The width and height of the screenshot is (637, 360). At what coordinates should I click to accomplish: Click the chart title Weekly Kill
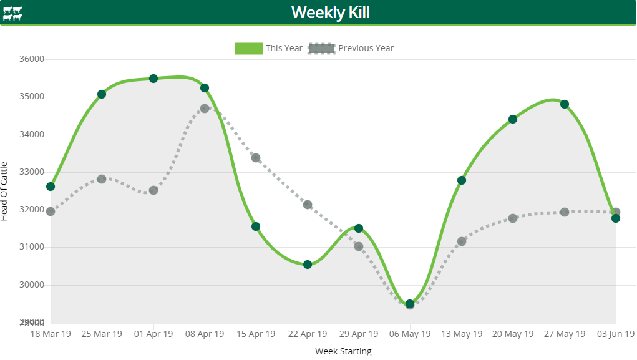331,12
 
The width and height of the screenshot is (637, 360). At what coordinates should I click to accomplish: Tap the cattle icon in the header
12,13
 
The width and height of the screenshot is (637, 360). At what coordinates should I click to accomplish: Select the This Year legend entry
269,48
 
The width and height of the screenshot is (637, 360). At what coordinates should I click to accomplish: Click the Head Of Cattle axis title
5,191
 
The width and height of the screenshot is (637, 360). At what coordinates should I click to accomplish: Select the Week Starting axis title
343,351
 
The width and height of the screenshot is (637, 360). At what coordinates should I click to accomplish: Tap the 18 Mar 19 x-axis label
51,334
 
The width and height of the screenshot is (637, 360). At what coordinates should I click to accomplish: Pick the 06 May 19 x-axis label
410,334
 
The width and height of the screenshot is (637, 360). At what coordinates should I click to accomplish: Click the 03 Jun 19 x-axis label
615,334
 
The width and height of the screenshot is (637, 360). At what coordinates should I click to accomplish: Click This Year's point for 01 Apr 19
153,79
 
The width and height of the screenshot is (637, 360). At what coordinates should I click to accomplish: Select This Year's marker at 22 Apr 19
308,265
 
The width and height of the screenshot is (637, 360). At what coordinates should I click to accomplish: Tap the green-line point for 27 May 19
565,104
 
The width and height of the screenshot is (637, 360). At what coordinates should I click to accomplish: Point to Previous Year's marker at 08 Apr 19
205,109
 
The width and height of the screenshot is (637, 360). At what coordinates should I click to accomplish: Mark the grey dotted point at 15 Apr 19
256,158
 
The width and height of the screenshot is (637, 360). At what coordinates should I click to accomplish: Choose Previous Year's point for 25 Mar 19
102,179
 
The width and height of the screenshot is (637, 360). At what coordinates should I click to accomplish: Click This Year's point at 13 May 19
462,180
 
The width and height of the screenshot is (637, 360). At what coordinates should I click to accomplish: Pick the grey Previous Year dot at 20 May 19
513,218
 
